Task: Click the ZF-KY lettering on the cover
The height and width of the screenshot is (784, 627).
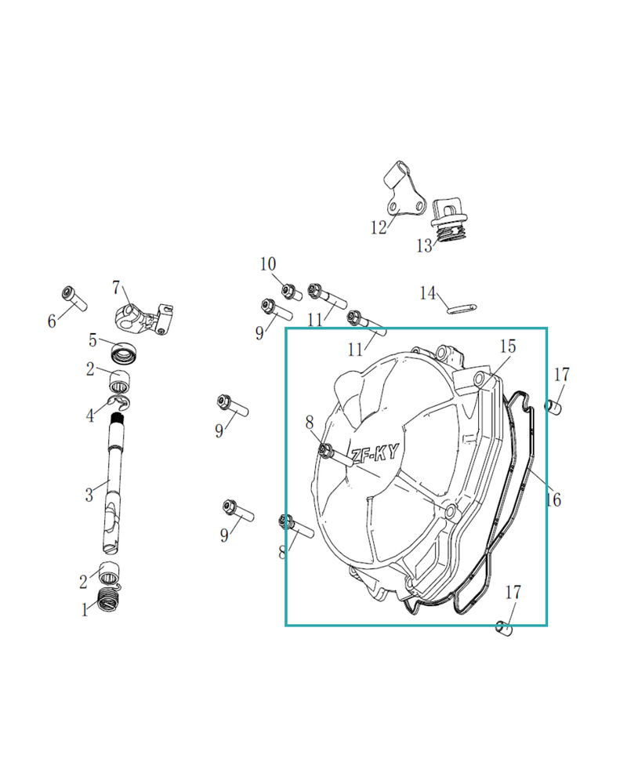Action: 375,453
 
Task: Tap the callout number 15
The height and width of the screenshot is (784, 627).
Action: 507,346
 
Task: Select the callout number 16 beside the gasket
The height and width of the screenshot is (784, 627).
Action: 553,499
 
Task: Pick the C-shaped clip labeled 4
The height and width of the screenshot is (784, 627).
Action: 121,401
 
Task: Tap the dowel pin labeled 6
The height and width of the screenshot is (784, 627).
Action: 74,299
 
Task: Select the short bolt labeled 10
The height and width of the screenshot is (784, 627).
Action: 292,292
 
